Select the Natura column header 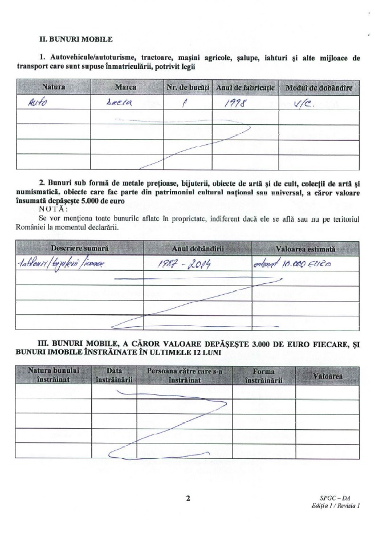[54, 87]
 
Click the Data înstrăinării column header [114, 375]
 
